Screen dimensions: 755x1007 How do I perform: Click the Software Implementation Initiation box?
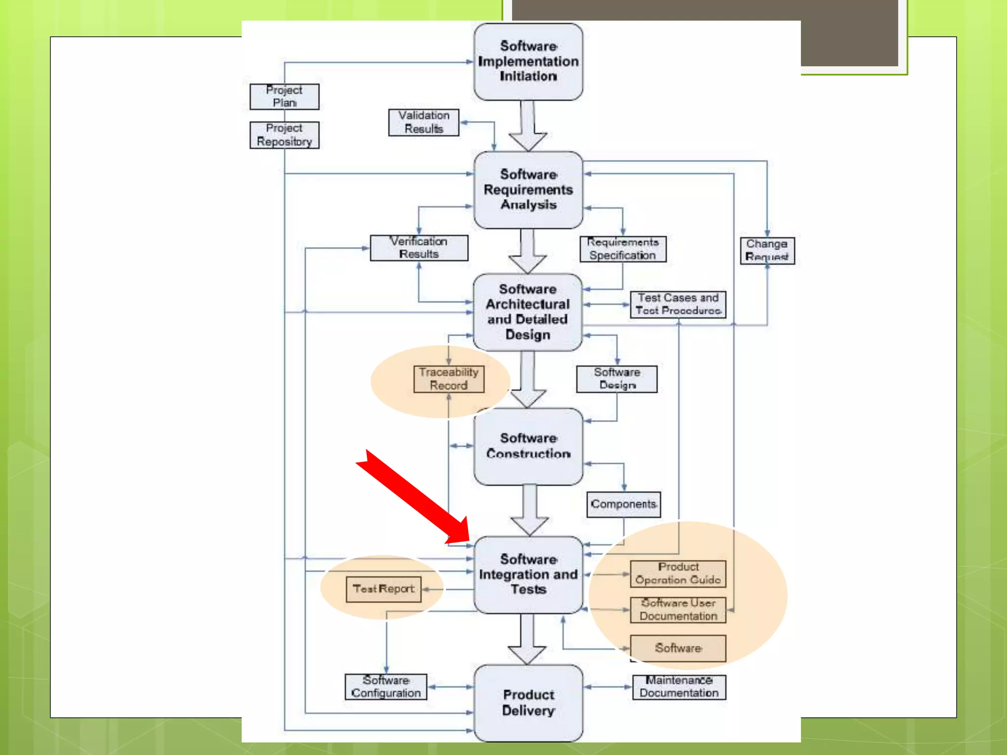pyautogui.click(x=528, y=62)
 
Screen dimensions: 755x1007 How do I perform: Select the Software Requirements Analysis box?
pyautogui.click(x=528, y=190)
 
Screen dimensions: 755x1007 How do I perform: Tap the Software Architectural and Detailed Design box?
pyautogui.click(x=528, y=312)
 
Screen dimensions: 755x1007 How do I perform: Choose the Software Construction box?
pyautogui.click(x=528, y=446)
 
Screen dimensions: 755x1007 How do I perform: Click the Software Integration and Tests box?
pyautogui.click(x=528, y=575)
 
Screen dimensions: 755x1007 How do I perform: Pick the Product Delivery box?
pyautogui.click(x=528, y=703)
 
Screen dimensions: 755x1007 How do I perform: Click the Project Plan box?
pyautogui.click(x=284, y=96)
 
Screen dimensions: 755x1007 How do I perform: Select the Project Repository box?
pyautogui.click(x=284, y=135)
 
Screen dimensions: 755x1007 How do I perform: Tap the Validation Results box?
pyautogui.click(x=423, y=122)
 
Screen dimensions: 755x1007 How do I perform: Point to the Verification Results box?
pyautogui.click(x=419, y=248)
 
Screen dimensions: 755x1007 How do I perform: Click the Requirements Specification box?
pyautogui.click(x=622, y=249)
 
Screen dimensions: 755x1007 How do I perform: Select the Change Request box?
pyautogui.click(x=767, y=251)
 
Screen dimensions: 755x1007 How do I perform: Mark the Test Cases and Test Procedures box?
pyautogui.click(x=678, y=304)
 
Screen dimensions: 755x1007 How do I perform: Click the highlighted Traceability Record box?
pyautogui.click(x=448, y=379)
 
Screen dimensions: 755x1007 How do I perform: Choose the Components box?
pyautogui.click(x=623, y=504)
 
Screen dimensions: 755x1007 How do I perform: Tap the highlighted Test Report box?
pyautogui.click(x=384, y=589)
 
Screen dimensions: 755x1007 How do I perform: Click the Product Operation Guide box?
pyautogui.click(x=678, y=574)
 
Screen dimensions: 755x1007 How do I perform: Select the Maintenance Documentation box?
pyautogui.click(x=679, y=687)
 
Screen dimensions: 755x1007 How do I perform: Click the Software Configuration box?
pyautogui.click(x=386, y=687)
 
